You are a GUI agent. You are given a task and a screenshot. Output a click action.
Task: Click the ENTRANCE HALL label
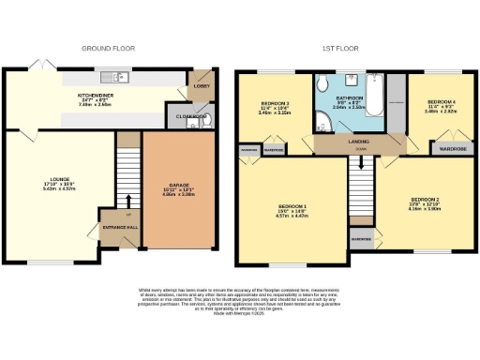tap(119, 228)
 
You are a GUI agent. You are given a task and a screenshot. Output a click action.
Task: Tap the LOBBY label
tap(202, 85)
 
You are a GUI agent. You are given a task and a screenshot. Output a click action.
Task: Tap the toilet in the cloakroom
tap(208, 118)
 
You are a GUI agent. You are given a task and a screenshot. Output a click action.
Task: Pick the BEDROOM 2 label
tap(425, 199)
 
